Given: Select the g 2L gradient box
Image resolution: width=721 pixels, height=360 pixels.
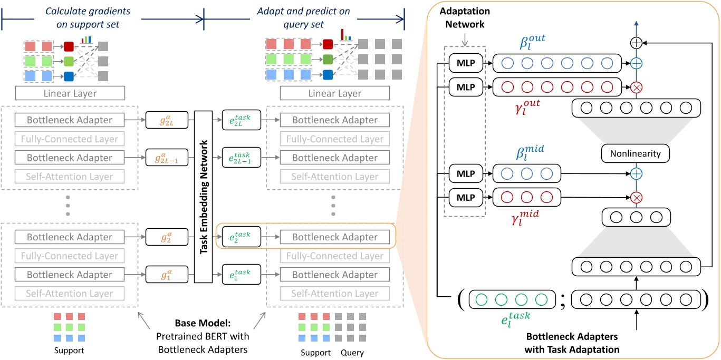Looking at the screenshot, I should coord(162,120).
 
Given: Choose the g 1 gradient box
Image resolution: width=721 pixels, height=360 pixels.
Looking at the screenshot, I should coord(162,275).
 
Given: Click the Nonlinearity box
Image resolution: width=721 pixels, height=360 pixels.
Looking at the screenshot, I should coord(635,154).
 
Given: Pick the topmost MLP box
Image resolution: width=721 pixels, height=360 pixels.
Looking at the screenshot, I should coord(466,64).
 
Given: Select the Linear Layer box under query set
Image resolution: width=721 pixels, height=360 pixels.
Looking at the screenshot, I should coord(335,93).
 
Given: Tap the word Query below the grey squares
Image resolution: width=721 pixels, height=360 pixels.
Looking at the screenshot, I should coord(351,353).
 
